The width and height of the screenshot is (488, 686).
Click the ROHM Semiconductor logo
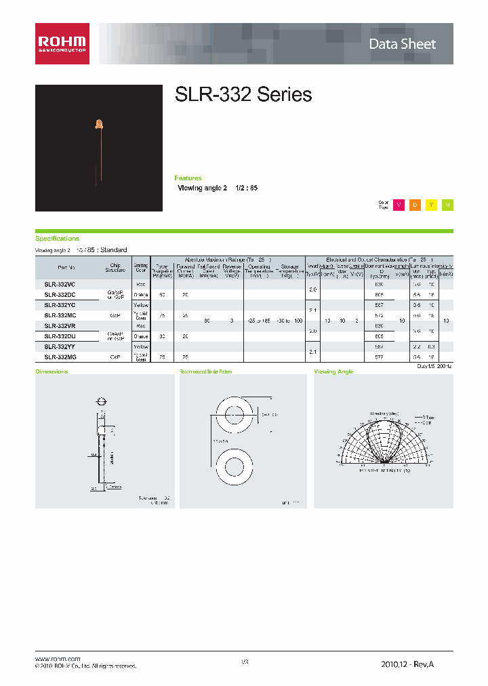(x=62, y=44)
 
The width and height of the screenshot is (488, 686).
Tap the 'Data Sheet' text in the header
(x=402, y=45)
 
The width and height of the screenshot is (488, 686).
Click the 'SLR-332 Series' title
(x=243, y=95)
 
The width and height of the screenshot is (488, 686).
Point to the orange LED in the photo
(x=99, y=123)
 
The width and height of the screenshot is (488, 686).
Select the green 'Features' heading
(x=188, y=178)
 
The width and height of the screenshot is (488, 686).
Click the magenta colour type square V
(x=399, y=205)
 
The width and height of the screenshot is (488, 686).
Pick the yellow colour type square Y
(x=431, y=205)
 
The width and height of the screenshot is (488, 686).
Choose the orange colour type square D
(x=415, y=205)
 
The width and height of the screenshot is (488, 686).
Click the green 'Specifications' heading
(x=57, y=239)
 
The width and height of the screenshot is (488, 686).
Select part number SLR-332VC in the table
(x=60, y=285)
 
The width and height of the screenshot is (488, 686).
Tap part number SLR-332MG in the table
(x=60, y=357)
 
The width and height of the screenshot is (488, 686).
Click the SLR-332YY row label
(x=60, y=346)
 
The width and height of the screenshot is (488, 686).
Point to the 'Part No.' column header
(x=60, y=268)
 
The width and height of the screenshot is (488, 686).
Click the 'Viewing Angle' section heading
(x=333, y=372)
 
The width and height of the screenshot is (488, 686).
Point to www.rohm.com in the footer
(x=58, y=659)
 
